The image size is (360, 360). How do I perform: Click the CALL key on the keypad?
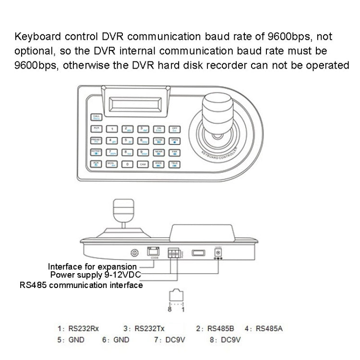pos(96,116)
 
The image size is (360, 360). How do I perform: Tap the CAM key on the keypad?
pos(143,164)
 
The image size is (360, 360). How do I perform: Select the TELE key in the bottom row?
pos(175,164)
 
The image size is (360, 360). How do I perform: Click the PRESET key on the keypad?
pos(96,140)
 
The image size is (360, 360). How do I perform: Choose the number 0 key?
pos(127,164)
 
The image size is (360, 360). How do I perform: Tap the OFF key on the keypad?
pos(175,129)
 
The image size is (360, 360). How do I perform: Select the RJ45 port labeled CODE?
pos(153,252)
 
